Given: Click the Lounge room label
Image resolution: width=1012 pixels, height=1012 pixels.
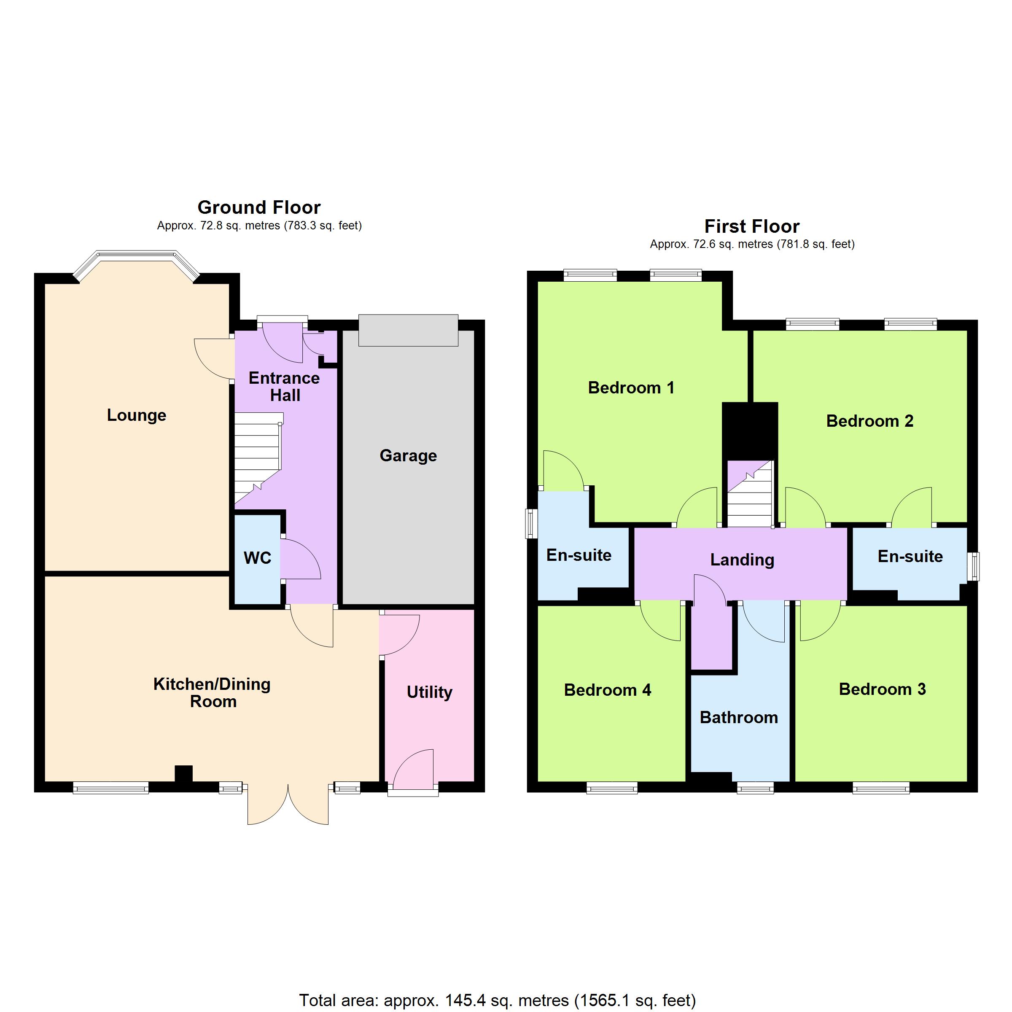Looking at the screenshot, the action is click(137, 415).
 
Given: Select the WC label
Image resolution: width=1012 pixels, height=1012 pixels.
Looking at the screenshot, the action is click(257, 558).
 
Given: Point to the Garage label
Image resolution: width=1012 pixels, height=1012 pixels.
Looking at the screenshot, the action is click(408, 456).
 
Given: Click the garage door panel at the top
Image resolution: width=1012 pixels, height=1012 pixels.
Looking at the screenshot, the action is click(408, 330).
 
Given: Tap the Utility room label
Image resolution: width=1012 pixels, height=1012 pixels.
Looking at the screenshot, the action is click(430, 692).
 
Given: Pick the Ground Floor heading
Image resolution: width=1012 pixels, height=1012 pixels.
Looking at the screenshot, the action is click(259, 207).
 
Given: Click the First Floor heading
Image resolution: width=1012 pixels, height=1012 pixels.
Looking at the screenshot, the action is click(752, 226).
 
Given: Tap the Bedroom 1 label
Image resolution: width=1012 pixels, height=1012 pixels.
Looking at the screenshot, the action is click(631, 388).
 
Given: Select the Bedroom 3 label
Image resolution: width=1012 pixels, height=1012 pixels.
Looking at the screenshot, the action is click(882, 689).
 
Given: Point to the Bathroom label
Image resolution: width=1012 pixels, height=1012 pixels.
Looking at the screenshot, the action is click(739, 717).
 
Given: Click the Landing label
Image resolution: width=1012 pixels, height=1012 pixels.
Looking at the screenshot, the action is click(742, 560).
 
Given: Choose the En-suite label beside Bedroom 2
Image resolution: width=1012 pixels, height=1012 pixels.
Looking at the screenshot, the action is click(910, 556).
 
